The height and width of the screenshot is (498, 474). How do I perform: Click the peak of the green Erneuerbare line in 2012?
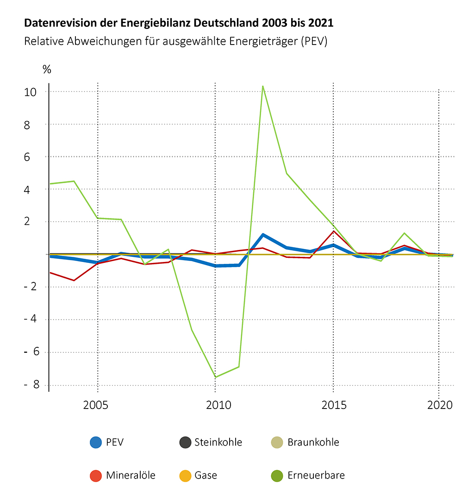coord(263,86)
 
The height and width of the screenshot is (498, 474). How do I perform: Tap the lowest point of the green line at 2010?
coord(215,377)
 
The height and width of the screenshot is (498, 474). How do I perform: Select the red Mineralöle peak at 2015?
coord(333,231)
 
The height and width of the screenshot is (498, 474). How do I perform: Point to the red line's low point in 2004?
coord(74,281)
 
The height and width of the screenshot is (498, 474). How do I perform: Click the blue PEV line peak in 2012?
coord(263,235)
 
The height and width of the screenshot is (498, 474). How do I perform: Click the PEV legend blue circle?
coord(96,442)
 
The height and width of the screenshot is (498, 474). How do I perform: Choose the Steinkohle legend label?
coord(218,442)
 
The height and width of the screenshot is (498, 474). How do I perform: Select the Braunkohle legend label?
coord(313,442)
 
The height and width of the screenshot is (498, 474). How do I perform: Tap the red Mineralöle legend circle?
coord(96,475)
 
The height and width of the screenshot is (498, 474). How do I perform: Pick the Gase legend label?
coord(206,475)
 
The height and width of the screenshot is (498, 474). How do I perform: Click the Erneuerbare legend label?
coord(316,475)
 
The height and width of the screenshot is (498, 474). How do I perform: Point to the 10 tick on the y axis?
coord(31,92)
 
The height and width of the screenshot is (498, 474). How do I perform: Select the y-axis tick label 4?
coord(34,190)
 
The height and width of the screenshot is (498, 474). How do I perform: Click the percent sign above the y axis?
coord(47,70)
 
